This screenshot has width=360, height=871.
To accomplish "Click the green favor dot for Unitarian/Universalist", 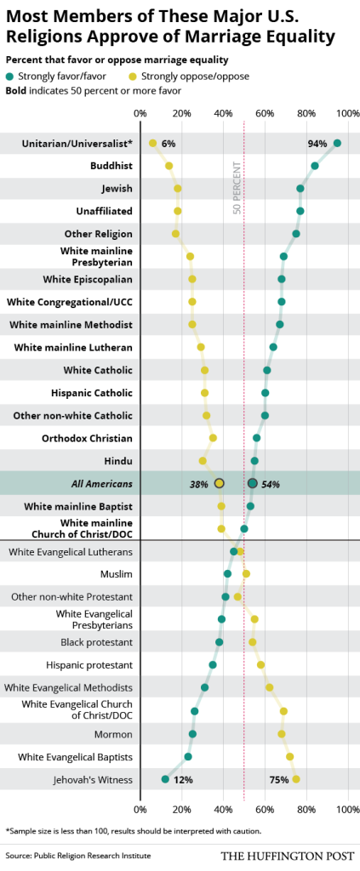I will [337, 143].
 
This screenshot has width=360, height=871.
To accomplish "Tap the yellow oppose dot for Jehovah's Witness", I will [296, 778].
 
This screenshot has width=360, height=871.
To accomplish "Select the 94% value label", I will [317, 144].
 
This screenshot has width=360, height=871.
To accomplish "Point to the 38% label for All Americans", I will [200, 484].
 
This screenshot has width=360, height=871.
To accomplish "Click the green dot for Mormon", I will [192, 733].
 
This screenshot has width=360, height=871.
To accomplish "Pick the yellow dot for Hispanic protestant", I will [260, 664].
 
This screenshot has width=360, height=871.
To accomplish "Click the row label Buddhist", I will [111, 166].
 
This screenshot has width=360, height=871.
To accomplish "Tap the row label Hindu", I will [117, 460].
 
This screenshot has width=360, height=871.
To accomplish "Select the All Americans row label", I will [101, 483].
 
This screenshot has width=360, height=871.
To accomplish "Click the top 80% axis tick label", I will [306, 111].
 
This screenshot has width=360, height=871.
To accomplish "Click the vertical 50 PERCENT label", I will [237, 190].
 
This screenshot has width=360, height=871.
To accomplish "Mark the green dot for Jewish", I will [300, 188].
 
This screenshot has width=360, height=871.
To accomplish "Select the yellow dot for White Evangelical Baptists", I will [289, 756].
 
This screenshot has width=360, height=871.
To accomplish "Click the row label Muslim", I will [117, 574].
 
